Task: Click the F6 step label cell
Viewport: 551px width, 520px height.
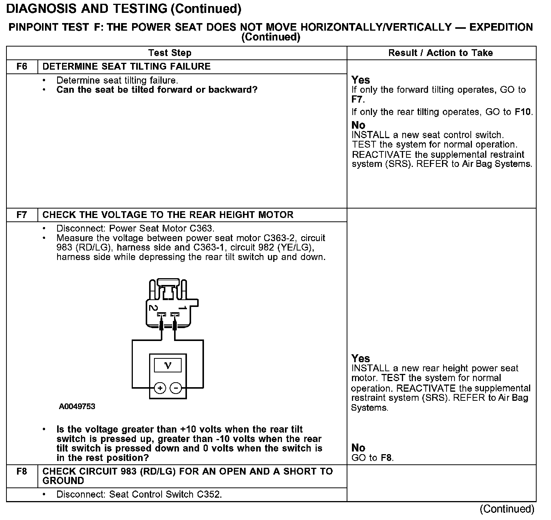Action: [22, 67]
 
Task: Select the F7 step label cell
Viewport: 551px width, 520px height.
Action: [22, 215]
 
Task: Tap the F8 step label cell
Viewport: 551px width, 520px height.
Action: [22, 472]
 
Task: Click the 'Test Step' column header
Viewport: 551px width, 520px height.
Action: [170, 53]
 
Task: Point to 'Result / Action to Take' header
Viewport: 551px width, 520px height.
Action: [440, 53]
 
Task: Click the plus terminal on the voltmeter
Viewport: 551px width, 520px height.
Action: [160, 388]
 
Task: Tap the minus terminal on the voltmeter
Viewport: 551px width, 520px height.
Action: [176, 388]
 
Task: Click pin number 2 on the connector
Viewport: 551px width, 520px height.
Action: [153, 308]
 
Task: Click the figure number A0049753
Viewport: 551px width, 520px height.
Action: [77, 407]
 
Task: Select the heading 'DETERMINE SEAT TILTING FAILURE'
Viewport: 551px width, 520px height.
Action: [126, 67]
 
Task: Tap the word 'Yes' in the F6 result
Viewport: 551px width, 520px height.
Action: [360, 80]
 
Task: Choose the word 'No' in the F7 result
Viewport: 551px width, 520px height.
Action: [358, 448]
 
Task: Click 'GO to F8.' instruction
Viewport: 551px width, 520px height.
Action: [372, 458]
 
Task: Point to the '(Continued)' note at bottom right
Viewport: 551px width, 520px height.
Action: [507, 509]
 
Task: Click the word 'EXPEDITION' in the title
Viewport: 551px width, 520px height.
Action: [501, 27]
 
